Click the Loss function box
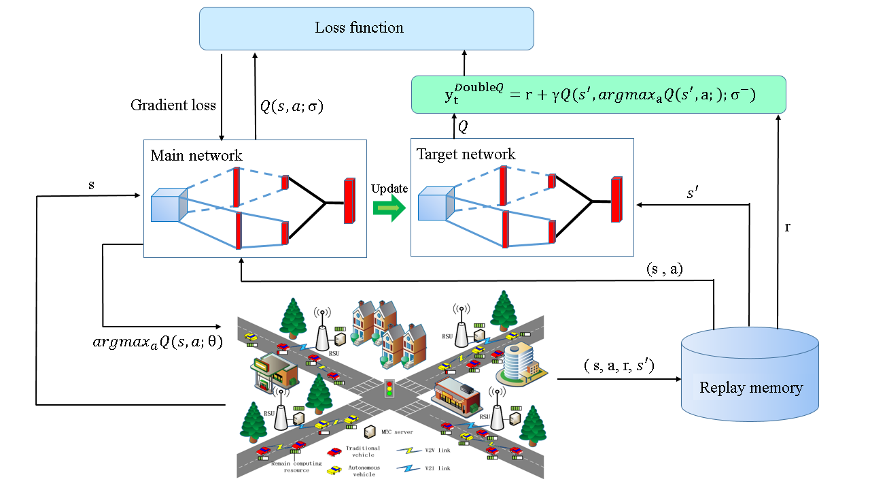pos(366,28)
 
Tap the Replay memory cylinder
pos(750,385)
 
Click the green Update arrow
pos(389,207)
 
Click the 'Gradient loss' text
pos(173,105)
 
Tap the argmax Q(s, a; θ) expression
pos(157,342)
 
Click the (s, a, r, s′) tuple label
pos(619,365)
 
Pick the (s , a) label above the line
pos(664,269)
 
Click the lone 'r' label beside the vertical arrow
pos(787,227)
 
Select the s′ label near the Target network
pos(692,194)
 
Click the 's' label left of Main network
pos(91,185)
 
